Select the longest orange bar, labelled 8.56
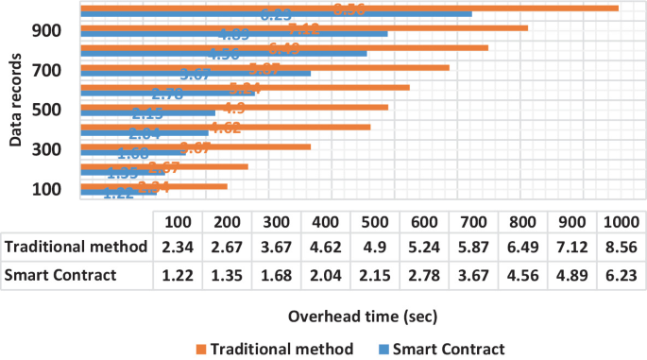click(x=349, y=8)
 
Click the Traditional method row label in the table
click(x=77, y=248)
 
